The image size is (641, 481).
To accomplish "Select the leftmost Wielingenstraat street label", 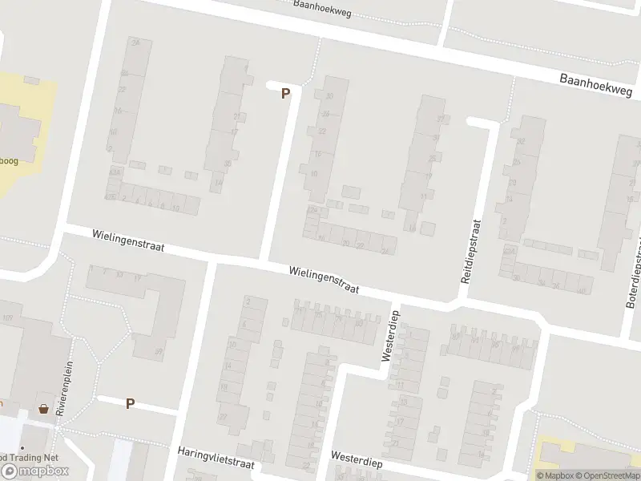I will [128, 241].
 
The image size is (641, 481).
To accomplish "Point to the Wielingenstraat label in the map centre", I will [325, 281].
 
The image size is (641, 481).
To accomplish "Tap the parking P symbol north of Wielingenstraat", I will [285, 94].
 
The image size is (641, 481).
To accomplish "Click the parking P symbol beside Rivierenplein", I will [130, 403].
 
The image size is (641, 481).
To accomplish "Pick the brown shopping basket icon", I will [42, 409].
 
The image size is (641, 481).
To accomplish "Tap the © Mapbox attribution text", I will [556, 475].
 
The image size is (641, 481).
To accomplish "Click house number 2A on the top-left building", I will [135, 42].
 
